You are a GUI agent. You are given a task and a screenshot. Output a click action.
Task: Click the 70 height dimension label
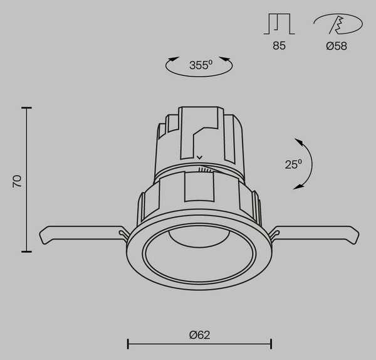(18, 181)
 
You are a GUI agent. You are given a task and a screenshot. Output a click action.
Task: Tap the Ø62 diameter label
(199, 335)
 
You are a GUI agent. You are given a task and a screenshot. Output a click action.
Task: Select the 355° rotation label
(201, 65)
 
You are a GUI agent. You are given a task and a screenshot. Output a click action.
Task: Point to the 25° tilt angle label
(293, 164)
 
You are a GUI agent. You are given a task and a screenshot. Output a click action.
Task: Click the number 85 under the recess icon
(279, 46)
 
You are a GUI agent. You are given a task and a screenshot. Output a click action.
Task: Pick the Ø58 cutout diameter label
(337, 46)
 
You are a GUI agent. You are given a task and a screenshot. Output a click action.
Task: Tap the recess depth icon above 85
(279, 24)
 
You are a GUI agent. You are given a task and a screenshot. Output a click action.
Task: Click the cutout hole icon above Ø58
(338, 24)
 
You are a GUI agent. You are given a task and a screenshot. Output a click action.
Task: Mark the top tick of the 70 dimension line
(26, 108)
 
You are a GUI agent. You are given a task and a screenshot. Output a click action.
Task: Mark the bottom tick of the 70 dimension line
(26, 251)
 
